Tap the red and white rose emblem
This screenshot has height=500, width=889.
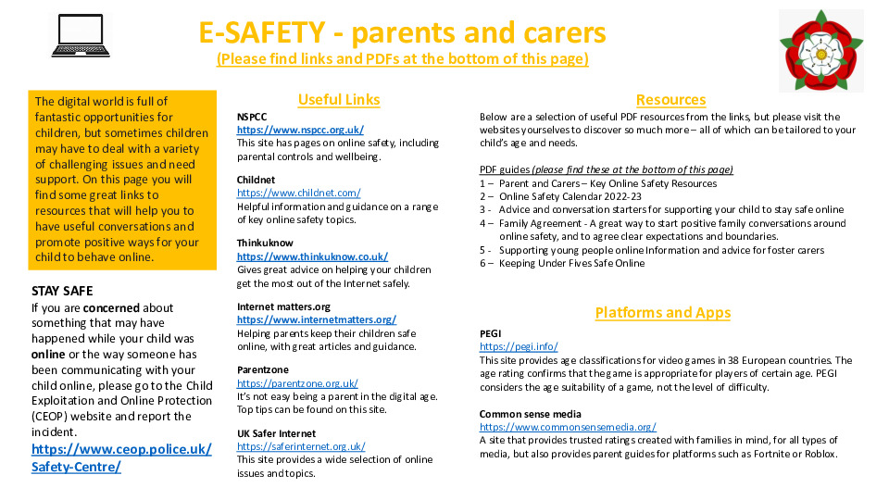point(820,50)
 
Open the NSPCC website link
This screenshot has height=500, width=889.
point(300,131)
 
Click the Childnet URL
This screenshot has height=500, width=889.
point(298,193)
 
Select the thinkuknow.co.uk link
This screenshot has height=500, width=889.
point(312,256)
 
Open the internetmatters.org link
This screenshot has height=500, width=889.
point(316,319)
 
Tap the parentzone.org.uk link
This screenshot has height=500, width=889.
point(297,382)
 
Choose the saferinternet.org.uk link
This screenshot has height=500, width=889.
point(301,446)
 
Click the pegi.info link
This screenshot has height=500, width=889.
point(519,346)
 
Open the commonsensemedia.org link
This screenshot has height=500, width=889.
point(568,427)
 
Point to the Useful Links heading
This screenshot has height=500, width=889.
point(339,100)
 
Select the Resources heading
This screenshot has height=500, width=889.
point(670,100)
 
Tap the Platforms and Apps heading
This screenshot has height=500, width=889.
point(662,313)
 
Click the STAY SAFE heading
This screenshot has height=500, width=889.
point(62,291)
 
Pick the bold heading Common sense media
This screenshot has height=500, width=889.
point(530,414)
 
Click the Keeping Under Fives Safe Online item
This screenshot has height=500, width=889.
point(570,263)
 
